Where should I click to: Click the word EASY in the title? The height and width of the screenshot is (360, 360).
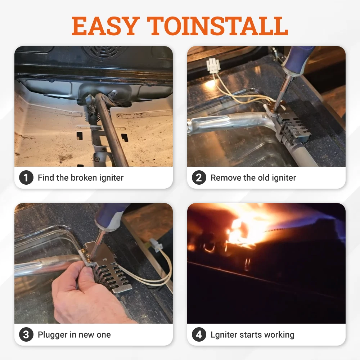pyautogui.click(x=105, y=26)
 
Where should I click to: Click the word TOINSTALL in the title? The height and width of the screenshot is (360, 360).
pyautogui.click(x=217, y=26)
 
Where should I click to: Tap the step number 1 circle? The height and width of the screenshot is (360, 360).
pyautogui.click(x=26, y=177)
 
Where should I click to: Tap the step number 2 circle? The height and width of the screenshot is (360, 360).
pyautogui.click(x=199, y=177)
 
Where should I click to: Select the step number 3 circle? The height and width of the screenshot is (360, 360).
pyautogui.click(x=26, y=334)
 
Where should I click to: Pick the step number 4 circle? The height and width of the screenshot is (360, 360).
pyautogui.click(x=199, y=334)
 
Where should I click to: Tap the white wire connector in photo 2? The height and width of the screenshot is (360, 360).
pyautogui.click(x=212, y=66)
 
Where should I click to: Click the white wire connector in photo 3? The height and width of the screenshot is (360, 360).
pyautogui.click(x=156, y=245)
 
